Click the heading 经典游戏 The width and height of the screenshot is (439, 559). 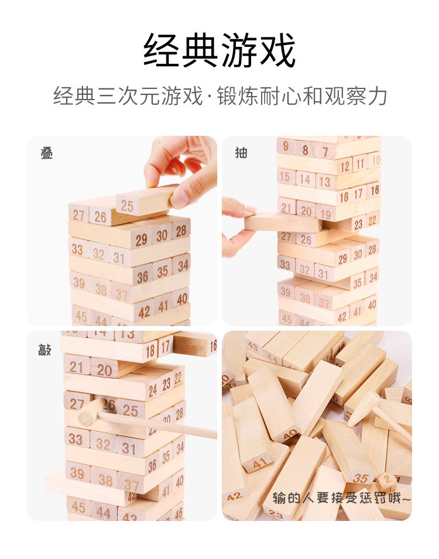coord(220,50)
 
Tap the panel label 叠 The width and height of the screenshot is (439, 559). coord(47,154)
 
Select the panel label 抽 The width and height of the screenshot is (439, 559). coord(241,153)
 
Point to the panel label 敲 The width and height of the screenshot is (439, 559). coord(45,350)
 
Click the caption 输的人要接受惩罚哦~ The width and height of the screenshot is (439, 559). coord(341,498)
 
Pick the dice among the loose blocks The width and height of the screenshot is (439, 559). coord(386,481)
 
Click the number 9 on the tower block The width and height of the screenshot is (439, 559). coord(286,146)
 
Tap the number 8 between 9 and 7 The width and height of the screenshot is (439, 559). coord(306,150)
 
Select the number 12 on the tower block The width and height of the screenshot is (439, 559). coord(345,166)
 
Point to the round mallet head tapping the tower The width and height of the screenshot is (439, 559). coord(92,411)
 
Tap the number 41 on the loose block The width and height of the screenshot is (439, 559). coord(260,463)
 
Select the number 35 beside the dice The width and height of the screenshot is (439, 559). coord(361,478)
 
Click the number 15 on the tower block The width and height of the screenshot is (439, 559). coord(285,176)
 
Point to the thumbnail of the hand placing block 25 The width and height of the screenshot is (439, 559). coord(122,231)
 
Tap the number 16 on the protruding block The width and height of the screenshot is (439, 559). coord(213,346)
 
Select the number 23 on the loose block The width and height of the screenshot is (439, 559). coord(276,514)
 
